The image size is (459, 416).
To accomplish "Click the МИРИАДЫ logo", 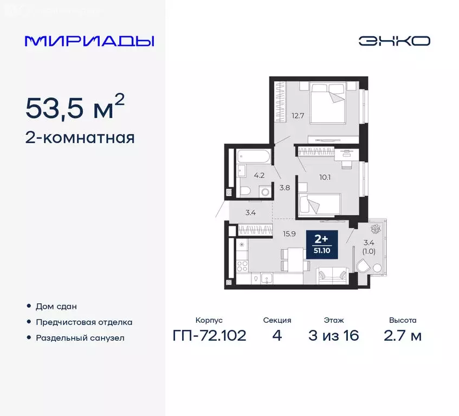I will (89, 41).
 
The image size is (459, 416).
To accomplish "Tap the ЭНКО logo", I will (394, 41).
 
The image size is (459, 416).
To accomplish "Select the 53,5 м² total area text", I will (75, 109).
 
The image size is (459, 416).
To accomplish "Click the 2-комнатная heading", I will (80, 138).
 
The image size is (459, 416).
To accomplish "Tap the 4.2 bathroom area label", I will (260, 175).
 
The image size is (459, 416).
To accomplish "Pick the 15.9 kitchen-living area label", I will (288, 234).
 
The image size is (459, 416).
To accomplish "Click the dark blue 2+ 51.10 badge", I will (322, 244).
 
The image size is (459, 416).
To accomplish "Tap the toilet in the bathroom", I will (245, 191).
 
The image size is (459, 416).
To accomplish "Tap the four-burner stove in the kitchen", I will (242, 265).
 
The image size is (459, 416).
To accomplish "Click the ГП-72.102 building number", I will (209, 336).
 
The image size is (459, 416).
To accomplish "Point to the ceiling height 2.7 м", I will (402, 336).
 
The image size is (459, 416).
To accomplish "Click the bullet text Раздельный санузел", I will (80, 337).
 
